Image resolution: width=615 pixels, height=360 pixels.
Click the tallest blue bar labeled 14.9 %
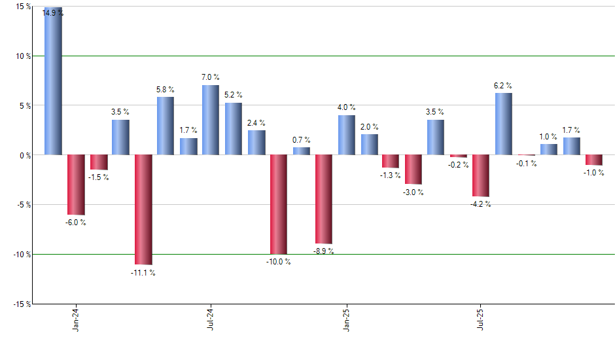point(53,81)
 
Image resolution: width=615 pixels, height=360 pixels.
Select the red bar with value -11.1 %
point(143,209)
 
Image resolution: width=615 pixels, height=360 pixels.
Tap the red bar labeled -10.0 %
point(279,204)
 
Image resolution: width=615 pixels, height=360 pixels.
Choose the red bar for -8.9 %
point(324,199)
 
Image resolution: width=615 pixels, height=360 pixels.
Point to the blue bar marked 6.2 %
point(503,124)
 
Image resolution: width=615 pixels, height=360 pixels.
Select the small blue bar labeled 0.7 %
point(302,151)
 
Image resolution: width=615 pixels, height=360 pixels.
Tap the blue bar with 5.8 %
point(166,126)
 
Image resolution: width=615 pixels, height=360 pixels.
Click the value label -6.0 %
point(75,223)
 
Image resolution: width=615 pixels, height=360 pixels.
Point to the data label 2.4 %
point(256,122)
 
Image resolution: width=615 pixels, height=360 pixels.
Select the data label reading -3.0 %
point(413,192)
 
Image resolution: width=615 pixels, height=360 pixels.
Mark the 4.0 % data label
point(347,107)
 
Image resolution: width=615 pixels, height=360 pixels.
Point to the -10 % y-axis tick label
point(22,254)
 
